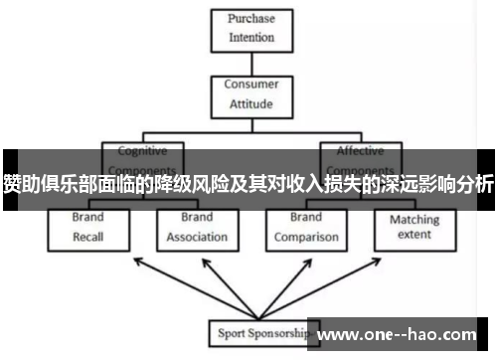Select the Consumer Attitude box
pos(250,93)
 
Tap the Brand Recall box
pos(88,227)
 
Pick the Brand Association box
pos(197,227)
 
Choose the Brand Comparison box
pos(305,227)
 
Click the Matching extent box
pos(414,227)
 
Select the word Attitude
pos(250,102)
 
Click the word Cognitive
pos(143,151)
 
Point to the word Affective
pos(360,151)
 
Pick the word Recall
pos(88,237)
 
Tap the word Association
pos(197,237)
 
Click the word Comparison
pos(305,237)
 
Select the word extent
pos(414,235)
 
